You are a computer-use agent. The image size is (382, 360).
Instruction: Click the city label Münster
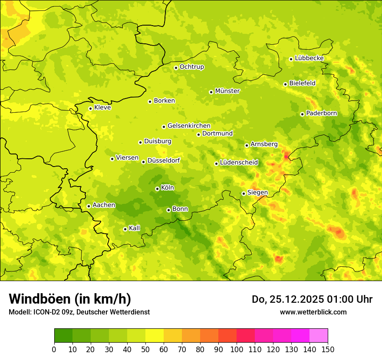(227, 91)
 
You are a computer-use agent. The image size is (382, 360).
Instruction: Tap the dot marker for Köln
(157, 189)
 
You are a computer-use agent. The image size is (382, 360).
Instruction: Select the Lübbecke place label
(309, 58)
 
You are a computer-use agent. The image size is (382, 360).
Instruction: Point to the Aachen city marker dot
(89, 206)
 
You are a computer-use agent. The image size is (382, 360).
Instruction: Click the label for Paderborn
(321, 113)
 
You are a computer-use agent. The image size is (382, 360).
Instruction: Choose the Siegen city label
(257, 193)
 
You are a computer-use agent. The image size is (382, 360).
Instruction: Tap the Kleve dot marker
(90, 108)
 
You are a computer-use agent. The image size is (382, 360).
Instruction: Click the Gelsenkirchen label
(189, 126)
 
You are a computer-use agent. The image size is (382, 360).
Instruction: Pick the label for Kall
(134, 228)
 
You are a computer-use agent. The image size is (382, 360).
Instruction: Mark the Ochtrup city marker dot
(176, 68)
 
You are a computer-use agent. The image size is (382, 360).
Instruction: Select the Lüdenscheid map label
(239, 163)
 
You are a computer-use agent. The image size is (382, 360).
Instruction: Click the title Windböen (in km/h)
(69, 299)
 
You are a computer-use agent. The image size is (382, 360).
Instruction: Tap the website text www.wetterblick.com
(313, 312)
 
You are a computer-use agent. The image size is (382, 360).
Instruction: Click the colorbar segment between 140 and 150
(319, 336)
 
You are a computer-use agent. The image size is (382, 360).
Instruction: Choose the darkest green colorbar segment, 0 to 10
(63, 336)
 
